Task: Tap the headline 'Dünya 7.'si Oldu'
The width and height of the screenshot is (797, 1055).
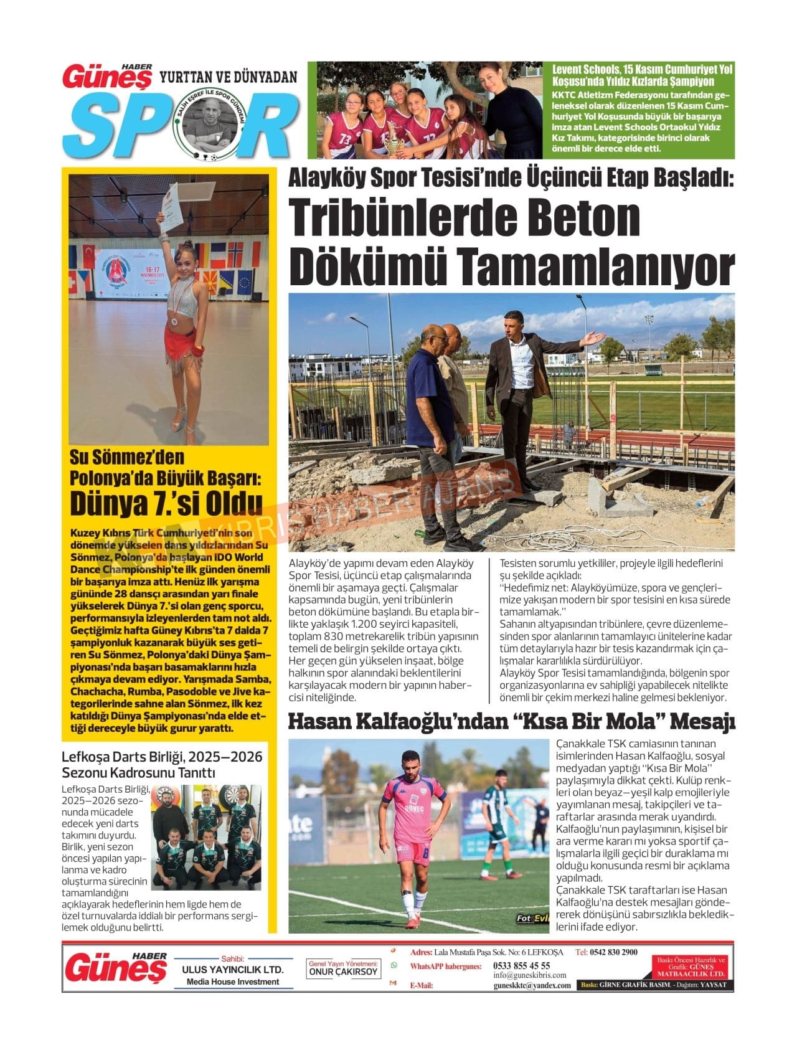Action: coord(166,503)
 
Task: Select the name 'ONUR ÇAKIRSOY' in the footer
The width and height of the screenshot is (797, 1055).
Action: coord(343,972)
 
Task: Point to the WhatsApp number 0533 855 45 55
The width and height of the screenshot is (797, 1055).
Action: coord(521,965)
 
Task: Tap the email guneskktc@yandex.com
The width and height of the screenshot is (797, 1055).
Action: coord(532,985)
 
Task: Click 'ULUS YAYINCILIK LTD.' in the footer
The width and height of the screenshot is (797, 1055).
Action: coord(232,970)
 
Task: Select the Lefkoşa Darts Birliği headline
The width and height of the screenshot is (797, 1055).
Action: coord(162,765)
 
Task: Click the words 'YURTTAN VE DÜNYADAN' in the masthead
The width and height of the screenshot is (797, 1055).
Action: coord(229,77)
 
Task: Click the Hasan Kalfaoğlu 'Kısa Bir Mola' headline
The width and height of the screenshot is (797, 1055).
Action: coord(511,722)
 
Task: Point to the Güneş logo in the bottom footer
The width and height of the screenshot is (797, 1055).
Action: coord(116,969)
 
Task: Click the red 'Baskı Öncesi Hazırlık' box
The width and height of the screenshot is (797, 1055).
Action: coord(691,967)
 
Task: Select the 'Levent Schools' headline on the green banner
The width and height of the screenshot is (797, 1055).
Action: coord(643,75)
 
